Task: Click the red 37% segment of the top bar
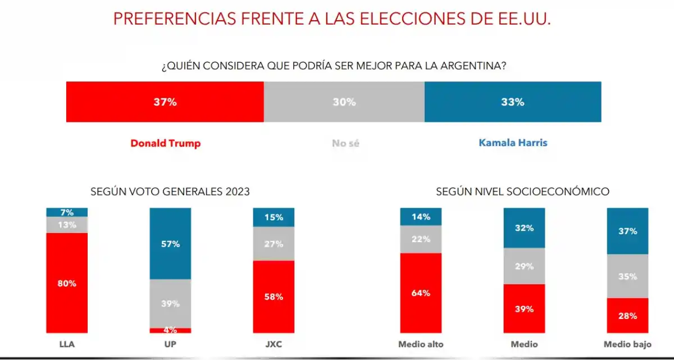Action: (165, 102)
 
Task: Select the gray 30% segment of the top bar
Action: (344, 102)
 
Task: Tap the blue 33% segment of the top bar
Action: (512, 102)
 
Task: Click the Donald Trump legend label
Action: (165, 143)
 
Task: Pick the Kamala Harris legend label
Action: (513, 143)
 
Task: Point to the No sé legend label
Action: (345, 143)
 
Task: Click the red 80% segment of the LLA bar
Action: (67, 283)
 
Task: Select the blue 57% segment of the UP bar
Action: (170, 244)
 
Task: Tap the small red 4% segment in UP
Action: (170, 330)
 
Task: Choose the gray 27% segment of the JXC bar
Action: (274, 244)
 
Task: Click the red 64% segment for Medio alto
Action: (421, 293)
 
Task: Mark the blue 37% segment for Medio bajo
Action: (627, 231)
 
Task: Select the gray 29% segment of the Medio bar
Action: (524, 266)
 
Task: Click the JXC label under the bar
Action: (274, 344)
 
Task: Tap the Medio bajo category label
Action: (627, 344)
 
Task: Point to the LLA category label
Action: (67, 344)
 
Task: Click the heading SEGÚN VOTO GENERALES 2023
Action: (170, 192)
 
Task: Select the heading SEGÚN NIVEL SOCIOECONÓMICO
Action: (522, 192)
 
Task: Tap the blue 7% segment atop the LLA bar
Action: (67, 212)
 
